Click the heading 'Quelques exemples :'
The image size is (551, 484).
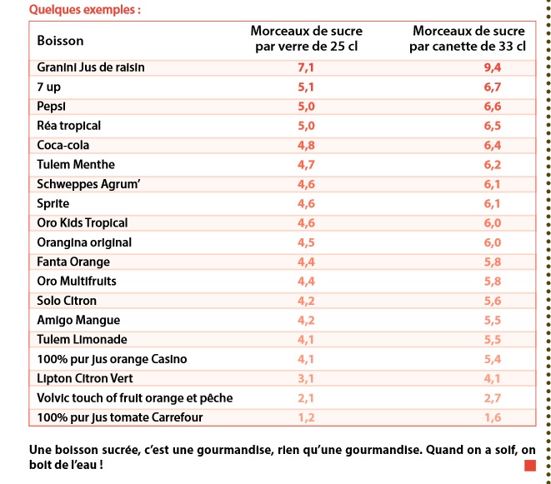point(85,10)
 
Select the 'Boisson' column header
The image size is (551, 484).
point(61,41)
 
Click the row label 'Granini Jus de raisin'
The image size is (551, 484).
point(91,67)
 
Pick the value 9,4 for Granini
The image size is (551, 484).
point(493,67)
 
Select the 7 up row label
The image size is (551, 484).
point(49,87)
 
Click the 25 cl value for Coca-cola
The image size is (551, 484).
point(306,146)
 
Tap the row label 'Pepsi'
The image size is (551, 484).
point(52,107)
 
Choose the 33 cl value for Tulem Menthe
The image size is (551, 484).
point(493,165)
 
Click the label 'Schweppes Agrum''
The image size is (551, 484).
point(88,184)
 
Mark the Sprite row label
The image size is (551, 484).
point(53,204)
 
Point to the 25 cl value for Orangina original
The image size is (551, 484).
point(306,242)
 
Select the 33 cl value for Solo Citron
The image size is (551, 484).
point(493,301)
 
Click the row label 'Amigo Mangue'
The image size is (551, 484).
point(78,321)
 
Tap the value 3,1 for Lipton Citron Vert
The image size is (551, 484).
point(306,379)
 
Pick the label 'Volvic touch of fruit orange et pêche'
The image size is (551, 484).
point(135,398)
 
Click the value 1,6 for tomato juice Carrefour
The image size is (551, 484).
point(493,417)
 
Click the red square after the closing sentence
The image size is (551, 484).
point(530,466)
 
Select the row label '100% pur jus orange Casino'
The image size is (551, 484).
point(112,359)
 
